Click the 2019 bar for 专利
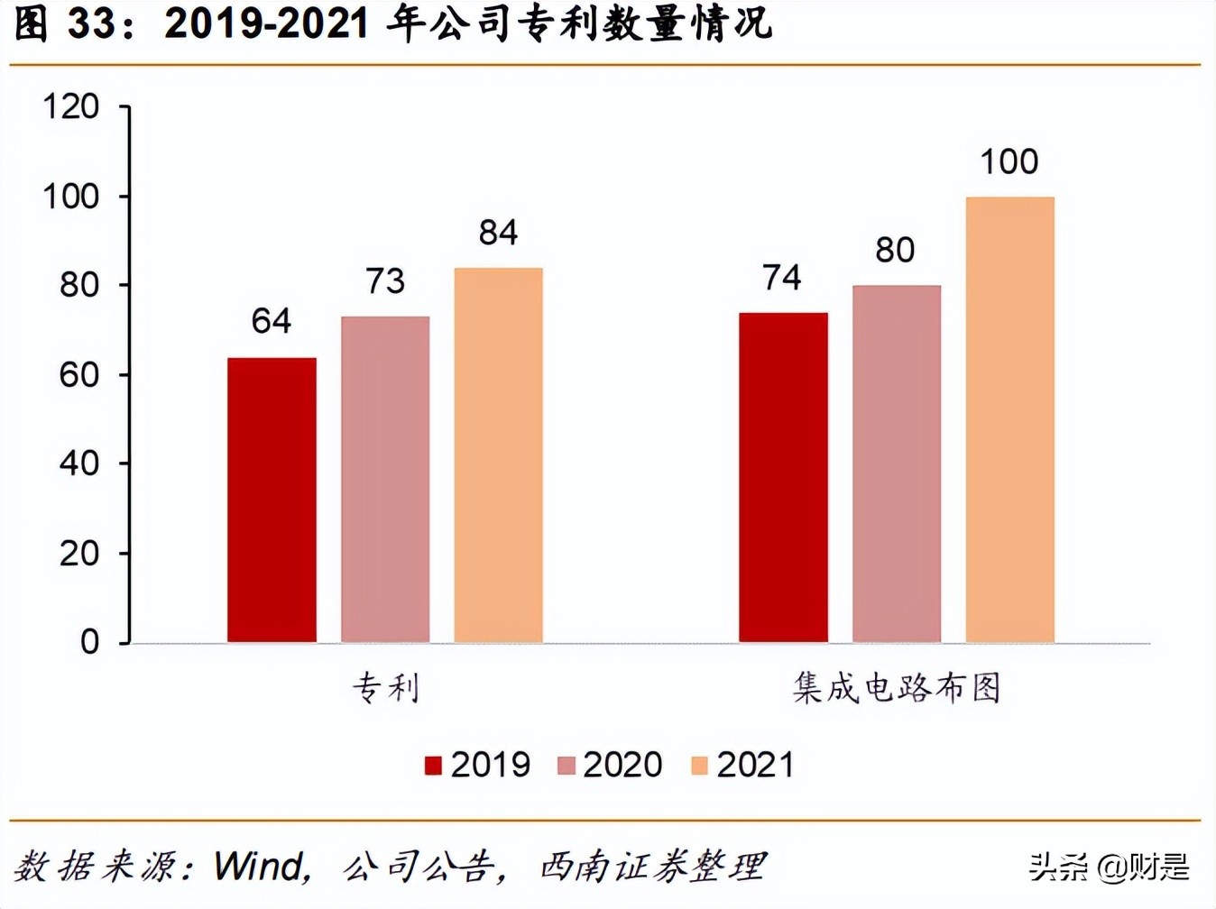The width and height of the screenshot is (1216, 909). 272,500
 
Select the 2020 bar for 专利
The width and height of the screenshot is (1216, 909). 385,479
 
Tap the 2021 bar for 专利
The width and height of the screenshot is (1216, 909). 498,454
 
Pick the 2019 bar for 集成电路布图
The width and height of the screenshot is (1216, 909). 783,477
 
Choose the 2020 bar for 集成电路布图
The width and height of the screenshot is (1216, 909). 896,464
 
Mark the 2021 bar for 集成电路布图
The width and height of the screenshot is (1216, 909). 1009,419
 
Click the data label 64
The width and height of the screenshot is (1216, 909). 272,321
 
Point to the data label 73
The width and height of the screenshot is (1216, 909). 385,281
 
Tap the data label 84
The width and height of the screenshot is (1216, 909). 498,233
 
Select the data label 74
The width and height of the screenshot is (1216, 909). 782,278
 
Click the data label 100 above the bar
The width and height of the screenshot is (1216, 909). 1009,162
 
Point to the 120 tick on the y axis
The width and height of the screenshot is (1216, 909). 71,107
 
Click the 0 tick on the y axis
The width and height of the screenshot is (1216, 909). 89,642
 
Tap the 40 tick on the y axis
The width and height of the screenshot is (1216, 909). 78,464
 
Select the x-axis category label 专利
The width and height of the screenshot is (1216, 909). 385,688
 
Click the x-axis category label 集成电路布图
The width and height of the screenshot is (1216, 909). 897,688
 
